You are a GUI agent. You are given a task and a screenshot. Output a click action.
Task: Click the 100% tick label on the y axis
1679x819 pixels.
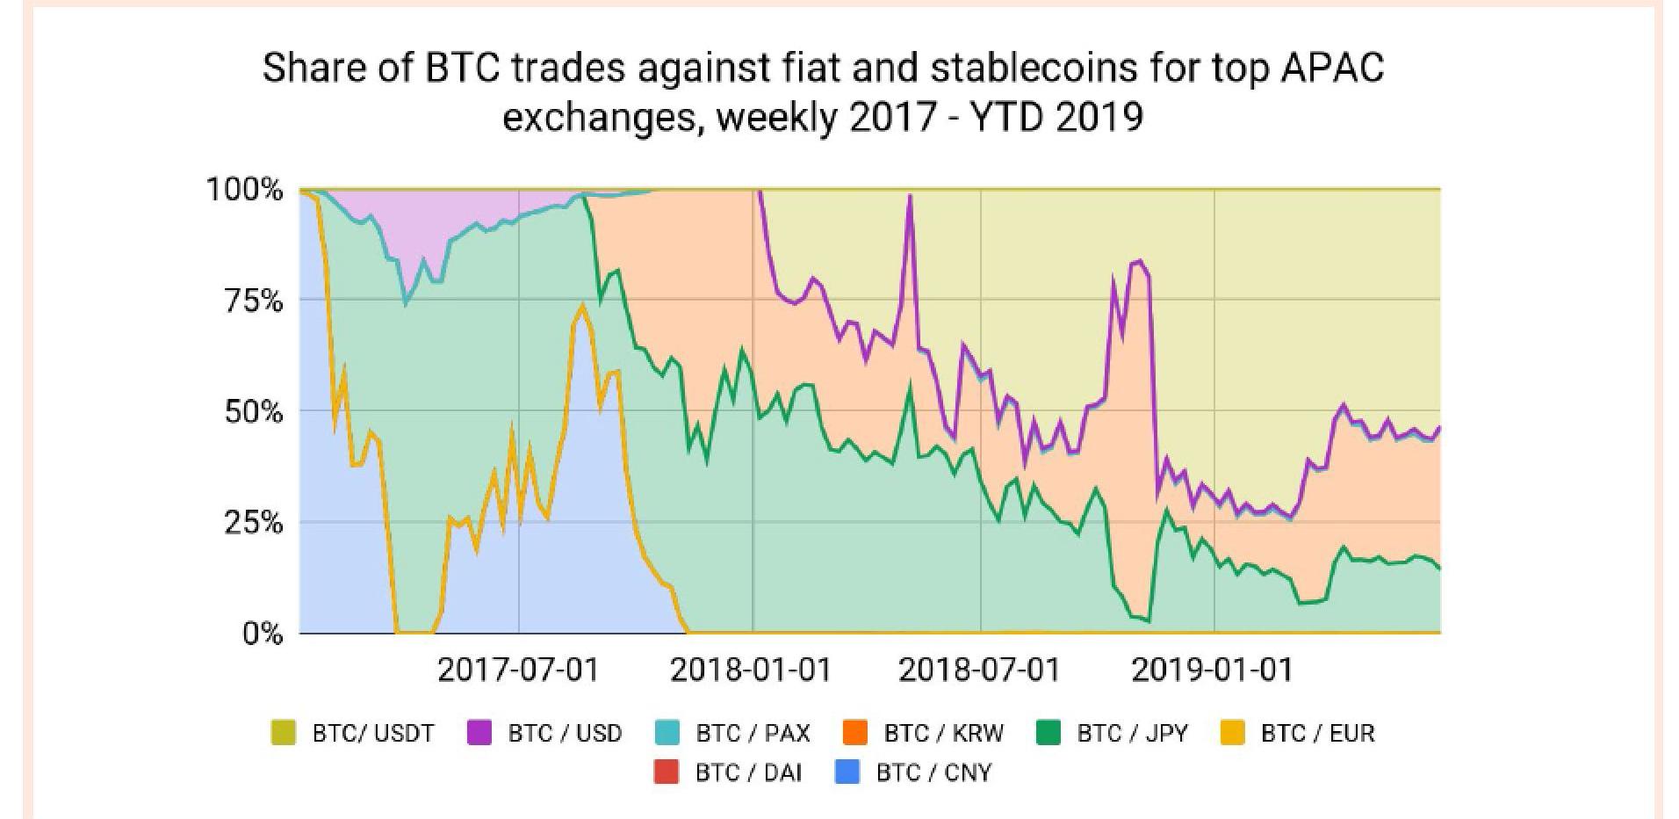(x=244, y=190)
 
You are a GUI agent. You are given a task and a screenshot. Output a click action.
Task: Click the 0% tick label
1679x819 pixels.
(x=263, y=634)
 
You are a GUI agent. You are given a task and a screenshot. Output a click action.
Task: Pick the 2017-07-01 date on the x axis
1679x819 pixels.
(x=517, y=670)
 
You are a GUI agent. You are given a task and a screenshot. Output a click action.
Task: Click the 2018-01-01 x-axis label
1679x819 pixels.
(x=750, y=670)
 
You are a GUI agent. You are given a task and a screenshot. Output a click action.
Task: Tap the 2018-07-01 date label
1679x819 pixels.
(x=979, y=670)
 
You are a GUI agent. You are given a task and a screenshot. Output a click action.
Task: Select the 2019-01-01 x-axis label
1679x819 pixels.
(x=1212, y=670)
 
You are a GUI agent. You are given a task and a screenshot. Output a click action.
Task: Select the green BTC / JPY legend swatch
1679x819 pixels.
(x=1049, y=733)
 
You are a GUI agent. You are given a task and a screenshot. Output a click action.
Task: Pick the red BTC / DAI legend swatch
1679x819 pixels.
(x=667, y=772)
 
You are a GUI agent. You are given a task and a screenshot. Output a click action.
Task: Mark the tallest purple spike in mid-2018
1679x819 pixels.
(x=910, y=197)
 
